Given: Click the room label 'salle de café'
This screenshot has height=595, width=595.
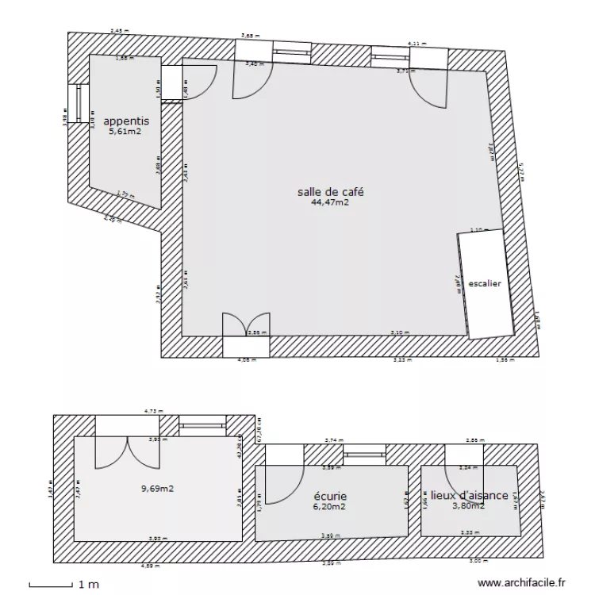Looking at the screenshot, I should (331, 192).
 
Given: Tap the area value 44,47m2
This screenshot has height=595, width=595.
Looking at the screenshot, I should (331, 202).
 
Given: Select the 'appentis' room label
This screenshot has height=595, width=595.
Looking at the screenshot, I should (126, 121).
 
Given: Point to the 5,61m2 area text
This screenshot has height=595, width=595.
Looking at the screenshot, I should (126, 132).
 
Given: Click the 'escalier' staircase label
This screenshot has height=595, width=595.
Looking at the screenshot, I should (485, 283).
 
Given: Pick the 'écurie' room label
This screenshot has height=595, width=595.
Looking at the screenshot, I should (330, 497).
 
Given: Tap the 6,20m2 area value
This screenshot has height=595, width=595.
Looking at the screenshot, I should (330, 507).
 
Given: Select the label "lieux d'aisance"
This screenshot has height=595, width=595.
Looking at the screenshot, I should (469, 496).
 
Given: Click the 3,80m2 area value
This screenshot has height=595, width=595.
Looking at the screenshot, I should (468, 506).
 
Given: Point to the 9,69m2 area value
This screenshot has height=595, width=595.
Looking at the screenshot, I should (158, 489).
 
